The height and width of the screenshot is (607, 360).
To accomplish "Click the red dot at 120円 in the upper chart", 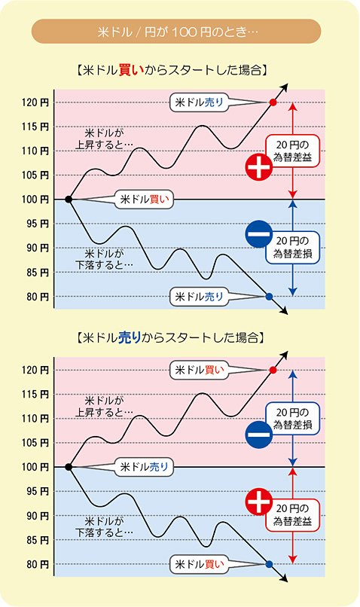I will click(273, 102).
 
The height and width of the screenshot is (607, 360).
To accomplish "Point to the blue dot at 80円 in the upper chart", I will click(270, 297).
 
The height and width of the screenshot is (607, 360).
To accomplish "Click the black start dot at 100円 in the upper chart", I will click(69, 200).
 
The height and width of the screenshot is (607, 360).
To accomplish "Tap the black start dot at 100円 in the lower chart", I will click(69, 467).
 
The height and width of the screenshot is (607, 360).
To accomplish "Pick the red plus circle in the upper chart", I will click(259, 167).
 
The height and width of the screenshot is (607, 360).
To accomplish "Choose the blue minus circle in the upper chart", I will click(259, 235).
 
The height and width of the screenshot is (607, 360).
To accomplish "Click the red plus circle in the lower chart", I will click(259, 501).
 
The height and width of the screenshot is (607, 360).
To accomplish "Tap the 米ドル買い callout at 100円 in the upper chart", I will click(148, 200).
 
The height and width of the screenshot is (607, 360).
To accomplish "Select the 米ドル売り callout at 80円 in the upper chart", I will click(199, 297).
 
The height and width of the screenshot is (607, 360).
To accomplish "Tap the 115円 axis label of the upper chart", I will click(36, 127).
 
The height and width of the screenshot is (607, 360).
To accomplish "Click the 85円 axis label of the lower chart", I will click(36, 540).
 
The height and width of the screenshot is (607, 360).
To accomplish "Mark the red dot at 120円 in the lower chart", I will click(273, 370).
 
